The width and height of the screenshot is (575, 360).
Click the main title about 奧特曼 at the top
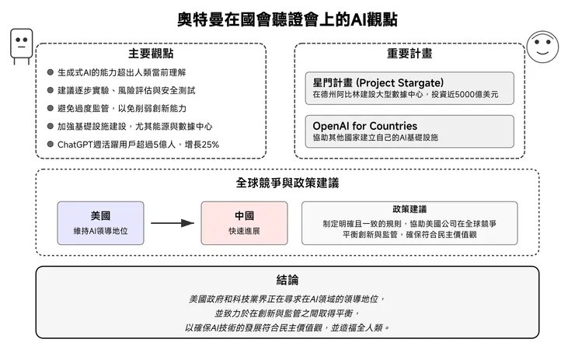click(287, 19)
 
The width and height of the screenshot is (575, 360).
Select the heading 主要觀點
click(151, 54)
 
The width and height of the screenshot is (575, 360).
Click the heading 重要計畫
click(409, 54)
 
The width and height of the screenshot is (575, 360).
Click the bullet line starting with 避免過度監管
click(122, 108)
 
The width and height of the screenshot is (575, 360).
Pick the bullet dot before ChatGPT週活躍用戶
click(50, 144)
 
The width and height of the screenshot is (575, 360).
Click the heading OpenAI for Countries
click(364, 125)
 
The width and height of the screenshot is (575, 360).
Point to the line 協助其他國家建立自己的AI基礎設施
click(375, 137)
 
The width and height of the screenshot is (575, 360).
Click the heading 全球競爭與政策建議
click(287, 183)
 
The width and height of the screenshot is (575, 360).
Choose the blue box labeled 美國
click(100, 223)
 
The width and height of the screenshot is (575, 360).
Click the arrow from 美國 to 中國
click(172, 223)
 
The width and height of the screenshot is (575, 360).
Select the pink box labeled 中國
click(244, 223)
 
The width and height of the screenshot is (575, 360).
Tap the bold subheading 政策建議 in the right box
click(409, 210)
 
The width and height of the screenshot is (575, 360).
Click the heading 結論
click(287, 280)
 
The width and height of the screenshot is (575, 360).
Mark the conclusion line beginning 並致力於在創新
click(287, 313)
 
